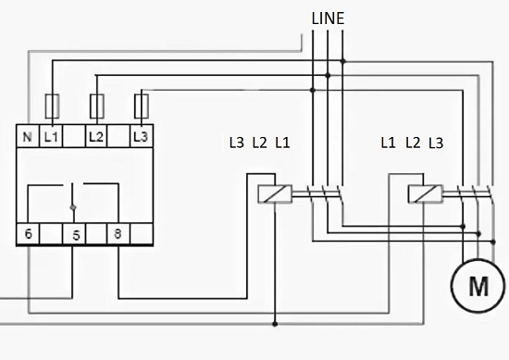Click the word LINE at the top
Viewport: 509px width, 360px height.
tap(329, 18)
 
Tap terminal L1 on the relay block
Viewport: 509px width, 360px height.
tap(51, 136)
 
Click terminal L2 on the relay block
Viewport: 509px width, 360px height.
tap(96, 136)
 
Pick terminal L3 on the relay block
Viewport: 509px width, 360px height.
tap(140, 136)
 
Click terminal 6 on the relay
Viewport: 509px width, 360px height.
tap(30, 234)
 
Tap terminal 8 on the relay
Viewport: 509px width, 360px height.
tap(118, 234)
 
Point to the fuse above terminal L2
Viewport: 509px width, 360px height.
tap(96, 103)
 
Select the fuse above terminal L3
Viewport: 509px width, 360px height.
tap(142, 103)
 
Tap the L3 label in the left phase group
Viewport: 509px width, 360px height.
tap(237, 143)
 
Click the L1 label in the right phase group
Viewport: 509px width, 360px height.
tap(390, 143)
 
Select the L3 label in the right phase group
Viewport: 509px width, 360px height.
tap(436, 143)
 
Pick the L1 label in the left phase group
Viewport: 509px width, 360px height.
tap(282, 143)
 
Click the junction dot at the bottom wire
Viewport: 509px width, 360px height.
tap(276, 324)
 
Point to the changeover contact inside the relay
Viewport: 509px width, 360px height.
tap(74, 196)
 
